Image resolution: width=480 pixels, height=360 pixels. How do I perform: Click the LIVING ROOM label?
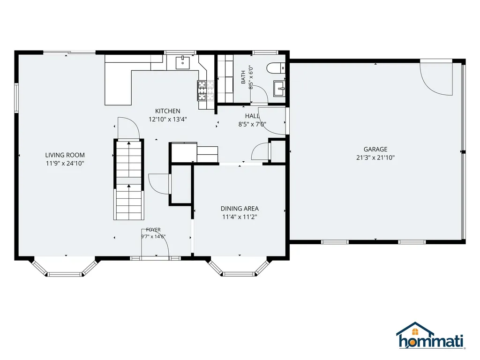point(65,155)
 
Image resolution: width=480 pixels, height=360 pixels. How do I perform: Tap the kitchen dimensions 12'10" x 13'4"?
point(168,120)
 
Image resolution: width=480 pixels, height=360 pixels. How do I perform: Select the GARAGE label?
point(375,150)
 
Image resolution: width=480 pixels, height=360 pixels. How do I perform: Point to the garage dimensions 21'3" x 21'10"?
point(375,157)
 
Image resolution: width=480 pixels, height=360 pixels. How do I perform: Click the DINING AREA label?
point(240,209)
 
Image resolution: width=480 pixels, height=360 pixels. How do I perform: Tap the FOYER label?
point(153,230)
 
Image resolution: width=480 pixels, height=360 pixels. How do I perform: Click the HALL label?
point(252,116)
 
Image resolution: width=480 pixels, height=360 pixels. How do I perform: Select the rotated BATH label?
point(243,77)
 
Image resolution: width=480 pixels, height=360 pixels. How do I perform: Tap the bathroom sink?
point(279,89)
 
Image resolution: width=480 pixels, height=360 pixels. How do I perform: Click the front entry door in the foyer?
point(155,243)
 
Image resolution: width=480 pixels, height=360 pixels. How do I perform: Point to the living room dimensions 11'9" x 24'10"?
point(65,164)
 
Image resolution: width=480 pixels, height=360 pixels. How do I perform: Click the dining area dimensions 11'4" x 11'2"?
point(240,217)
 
